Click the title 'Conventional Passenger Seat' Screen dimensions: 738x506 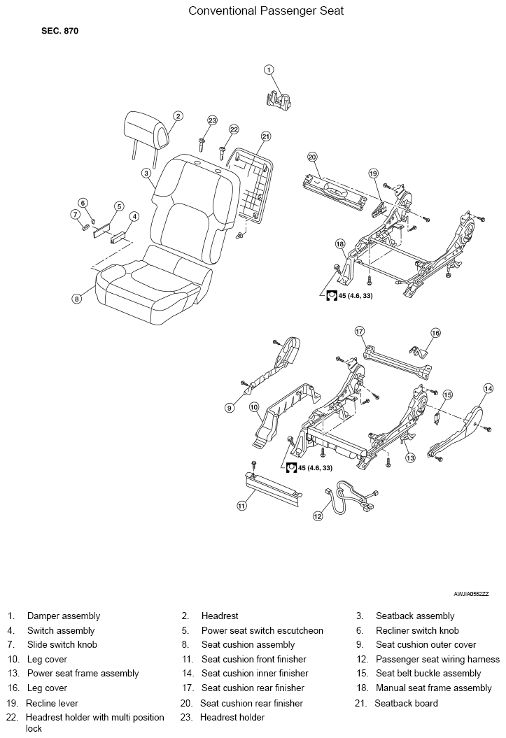pos(266,11)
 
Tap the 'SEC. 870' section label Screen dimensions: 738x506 pos(60,32)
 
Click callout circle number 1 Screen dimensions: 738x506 pos(269,69)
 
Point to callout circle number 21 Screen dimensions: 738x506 pos(265,136)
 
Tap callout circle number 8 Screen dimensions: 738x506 pos(77,299)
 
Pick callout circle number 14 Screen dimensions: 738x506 pos(488,388)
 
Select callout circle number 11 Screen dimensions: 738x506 pos(241,505)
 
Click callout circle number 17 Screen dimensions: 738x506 pos(360,330)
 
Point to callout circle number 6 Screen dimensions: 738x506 pos(83,203)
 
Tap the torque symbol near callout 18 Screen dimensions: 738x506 pos(332,295)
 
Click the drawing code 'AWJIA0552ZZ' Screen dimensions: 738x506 pos(470,593)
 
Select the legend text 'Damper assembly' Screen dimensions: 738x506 pos(63,616)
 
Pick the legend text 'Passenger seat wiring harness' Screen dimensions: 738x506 pos(437,659)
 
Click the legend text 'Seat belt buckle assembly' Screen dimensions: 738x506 pos(428,674)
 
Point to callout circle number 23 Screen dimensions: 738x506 pos(213,120)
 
